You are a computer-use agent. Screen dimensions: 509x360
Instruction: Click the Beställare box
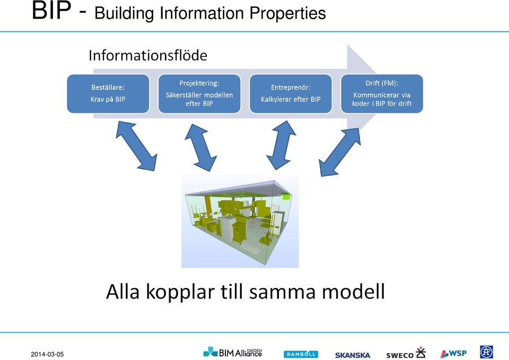tap(108, 94)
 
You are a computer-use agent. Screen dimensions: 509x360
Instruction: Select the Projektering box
tap(199, 94)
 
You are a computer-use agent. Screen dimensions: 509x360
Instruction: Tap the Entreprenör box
tap(291, 94)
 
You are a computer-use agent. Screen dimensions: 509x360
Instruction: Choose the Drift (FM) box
tap(382, 94)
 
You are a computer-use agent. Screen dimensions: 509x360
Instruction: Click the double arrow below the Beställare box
tap(136, 146)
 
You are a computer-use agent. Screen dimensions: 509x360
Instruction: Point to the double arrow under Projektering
tap(200, 148)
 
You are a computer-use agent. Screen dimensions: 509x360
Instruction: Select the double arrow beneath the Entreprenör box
tap(281, 145)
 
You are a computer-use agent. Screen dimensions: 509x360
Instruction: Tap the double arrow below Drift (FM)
tap(339, 152)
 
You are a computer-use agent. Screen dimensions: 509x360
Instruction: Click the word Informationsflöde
tap(148, 56)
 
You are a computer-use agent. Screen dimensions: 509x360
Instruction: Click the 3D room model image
tap(240, 222)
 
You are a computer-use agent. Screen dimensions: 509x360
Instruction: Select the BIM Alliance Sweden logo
tap(232, 352)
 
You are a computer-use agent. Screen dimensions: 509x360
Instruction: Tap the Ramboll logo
tap(301, 354)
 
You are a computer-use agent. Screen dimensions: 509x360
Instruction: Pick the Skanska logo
tap(353, 355)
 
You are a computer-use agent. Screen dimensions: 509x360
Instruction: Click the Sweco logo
tap(406, 353)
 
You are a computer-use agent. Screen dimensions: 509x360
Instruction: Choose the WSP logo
tap(453, 353)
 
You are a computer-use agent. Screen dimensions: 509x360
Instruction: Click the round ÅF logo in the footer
tap(487, 352)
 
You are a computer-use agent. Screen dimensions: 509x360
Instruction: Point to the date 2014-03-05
tap(47, 355)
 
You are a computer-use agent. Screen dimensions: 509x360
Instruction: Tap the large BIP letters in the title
tap(51, 11)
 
